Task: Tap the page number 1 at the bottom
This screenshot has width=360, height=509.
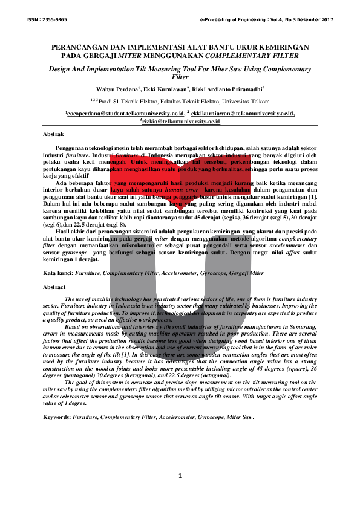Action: [180, 476]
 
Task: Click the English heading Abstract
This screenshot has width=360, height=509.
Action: [55, 287]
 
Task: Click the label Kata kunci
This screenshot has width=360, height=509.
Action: [59, 274]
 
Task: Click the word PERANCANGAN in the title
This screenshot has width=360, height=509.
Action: [79, 47]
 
